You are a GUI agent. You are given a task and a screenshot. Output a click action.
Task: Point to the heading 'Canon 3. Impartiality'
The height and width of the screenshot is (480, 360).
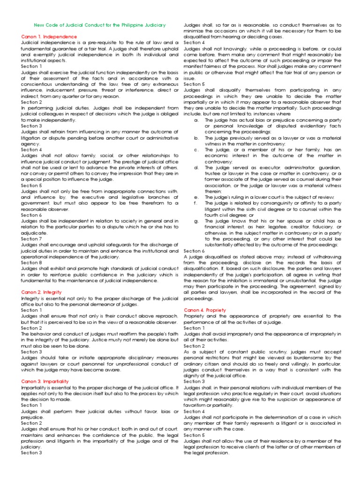pyautogui.click(x=45, y=382)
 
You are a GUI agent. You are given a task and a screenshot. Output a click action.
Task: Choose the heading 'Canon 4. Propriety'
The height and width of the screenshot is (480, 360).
pyautogui.click(x=205, y=310)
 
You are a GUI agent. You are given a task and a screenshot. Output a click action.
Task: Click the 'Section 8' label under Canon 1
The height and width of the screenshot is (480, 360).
pyautogui.click(x=31, y=262)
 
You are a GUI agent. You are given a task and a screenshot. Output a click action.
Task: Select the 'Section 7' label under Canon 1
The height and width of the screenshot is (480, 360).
pyautogui.click(x=31, y=239)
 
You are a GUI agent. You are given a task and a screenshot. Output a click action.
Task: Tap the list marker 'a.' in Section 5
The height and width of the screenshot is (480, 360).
pyautogui.click(x=195, y=120)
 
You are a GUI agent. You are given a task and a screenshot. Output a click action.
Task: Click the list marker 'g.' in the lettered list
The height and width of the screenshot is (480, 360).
pyautogui.click(x=195, y=221)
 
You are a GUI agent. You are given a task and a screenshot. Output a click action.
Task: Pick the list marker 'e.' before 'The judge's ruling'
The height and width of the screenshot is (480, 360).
pyautogui.click(x=195, y=197)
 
